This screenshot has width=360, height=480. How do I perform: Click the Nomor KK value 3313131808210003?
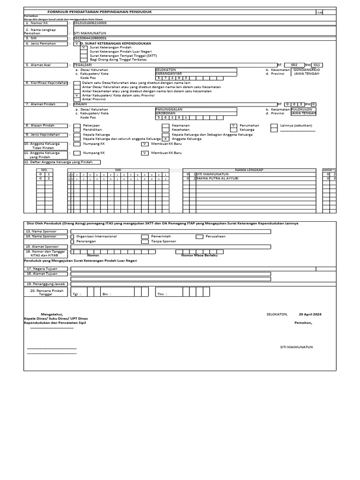coord(90,22)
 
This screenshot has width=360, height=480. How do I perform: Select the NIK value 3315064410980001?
coord(90,38)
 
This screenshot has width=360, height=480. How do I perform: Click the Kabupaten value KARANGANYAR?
coord(169,74)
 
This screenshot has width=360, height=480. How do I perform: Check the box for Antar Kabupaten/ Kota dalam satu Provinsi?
coord(77,95)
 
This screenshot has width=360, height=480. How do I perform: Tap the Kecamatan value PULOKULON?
coord(303,109)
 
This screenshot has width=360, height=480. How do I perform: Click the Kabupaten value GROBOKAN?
coord(166,113)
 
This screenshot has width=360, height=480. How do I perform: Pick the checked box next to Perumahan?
coord(233,126)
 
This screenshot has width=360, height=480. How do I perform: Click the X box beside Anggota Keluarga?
coord(165,139)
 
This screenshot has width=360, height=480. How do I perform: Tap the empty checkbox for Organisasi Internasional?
coord(72,237)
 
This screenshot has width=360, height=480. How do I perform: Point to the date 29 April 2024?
coord(310,314)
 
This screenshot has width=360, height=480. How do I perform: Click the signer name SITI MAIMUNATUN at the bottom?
coord(296,347)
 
